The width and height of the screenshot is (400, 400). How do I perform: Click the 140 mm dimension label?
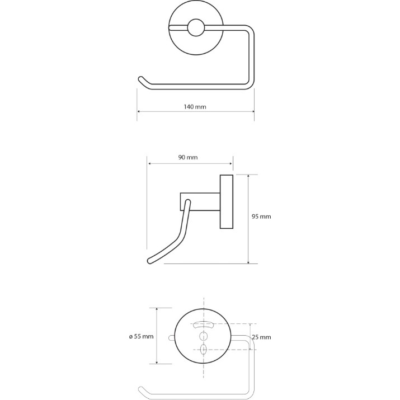[195, 107]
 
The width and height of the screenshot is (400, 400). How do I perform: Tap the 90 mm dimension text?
[188, 157]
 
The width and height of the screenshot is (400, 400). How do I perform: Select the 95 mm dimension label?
[261, 217]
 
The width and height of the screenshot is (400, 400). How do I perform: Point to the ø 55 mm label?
[142, 336]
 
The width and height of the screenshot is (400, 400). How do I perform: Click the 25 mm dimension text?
[261, 337]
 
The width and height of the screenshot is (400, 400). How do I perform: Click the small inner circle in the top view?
[196, 27]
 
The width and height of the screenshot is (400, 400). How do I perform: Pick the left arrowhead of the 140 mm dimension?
[139, 111]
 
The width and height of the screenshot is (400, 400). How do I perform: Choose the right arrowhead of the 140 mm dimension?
[252, 111]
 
